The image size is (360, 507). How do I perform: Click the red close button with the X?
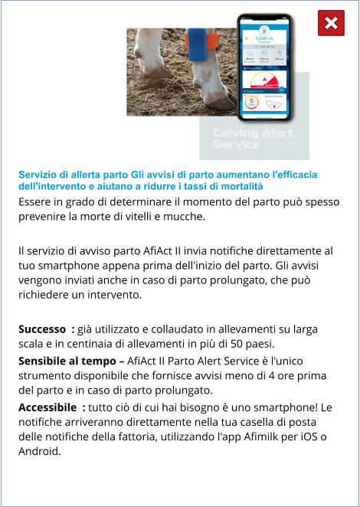tap(331, 23)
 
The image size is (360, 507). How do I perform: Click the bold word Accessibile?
tap(48, 406)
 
